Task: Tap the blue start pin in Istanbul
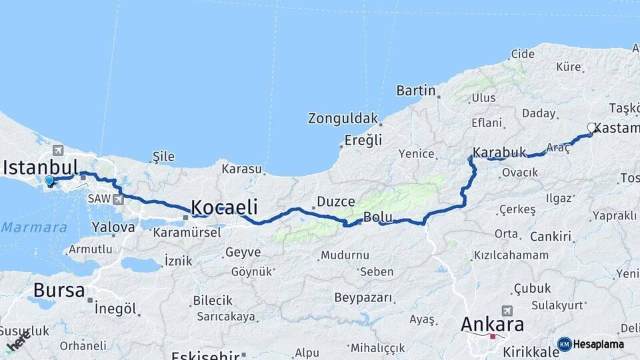click(x=49, y=181)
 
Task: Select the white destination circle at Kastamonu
click(x=591, y=127)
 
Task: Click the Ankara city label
click(x=493, y=325)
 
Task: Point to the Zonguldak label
click(x=343, y=119)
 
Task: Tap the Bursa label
click(x=59, y=291)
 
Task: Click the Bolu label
click(x=377, y=217)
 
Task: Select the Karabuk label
click(x=499, y=152)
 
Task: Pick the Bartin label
click(x=416, y=91)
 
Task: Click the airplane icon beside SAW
click(x=119, y=199)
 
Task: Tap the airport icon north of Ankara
click(x=507, y=311)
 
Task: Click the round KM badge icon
click(x=564, y=344)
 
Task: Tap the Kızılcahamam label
click(x=511, y=255)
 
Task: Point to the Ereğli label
click(x=363, y=141)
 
